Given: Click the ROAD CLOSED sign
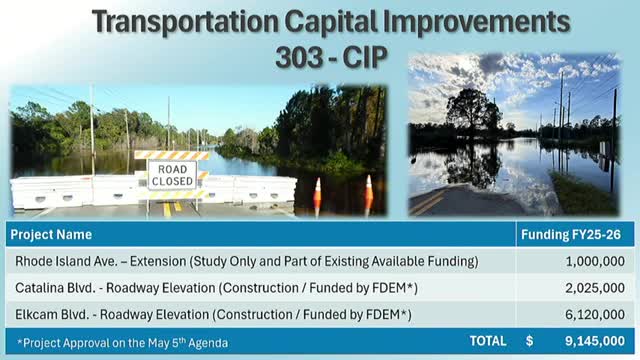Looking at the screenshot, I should pos(172,176).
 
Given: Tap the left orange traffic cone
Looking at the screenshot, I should pos(318,195).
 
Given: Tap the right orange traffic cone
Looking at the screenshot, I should pos(368,192).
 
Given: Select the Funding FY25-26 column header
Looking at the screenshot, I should pos(575,235).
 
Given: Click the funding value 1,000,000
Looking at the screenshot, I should pos(598,262).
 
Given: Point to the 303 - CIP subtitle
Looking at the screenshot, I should pos(319,59).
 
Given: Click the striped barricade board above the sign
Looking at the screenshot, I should pos(172,155).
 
